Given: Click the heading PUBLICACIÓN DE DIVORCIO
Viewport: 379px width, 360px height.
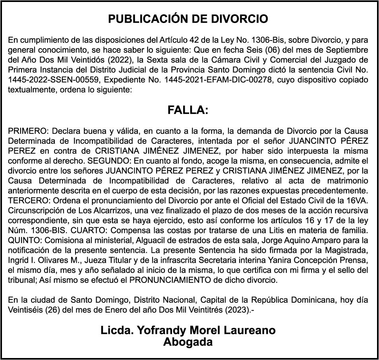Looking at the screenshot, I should (x=188, y=19).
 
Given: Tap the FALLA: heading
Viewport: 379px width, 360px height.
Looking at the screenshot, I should (x=188, y=110).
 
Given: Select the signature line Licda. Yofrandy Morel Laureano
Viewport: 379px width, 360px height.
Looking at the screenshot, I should (x=188, y=330).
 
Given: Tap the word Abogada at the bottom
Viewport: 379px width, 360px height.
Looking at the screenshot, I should (x=188, y=342).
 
